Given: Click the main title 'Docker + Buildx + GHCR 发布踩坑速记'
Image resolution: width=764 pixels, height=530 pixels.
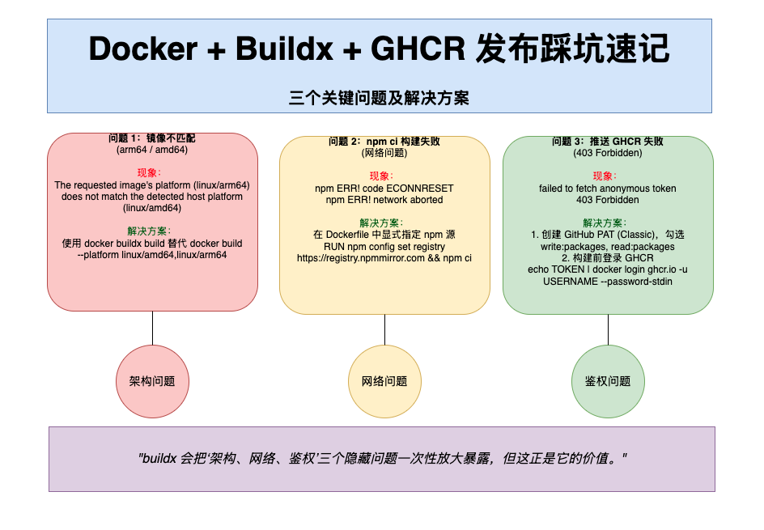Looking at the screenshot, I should pos(379,49).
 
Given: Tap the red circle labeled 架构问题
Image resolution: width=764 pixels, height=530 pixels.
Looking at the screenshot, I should pos(152,381).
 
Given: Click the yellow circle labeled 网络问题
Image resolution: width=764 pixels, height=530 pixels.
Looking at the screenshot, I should pos(384,381).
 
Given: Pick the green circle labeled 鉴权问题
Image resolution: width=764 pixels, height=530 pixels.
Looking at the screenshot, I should pos(608,381).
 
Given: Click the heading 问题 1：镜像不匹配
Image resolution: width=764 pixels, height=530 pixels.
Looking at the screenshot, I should pos(152,138).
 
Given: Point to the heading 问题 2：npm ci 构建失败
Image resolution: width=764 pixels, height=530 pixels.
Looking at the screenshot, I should pos(384,141).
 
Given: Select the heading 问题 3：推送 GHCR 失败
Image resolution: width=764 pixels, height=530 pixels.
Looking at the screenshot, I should pos(608,141).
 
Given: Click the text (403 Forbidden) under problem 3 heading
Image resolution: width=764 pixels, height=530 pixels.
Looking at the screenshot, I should pos(608,153).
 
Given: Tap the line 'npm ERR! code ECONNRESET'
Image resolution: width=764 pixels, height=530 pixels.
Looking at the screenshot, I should pos(384,188).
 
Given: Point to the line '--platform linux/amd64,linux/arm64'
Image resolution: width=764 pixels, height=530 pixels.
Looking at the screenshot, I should pos(152,254).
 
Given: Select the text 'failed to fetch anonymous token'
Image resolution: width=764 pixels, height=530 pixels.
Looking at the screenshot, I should pos(608,188).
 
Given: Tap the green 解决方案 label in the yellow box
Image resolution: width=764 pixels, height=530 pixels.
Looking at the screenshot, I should pos(384,223).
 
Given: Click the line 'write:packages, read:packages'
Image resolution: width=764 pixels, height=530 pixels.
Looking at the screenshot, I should pos(608,246).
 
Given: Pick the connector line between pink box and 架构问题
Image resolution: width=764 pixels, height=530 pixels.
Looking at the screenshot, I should pos(152,328).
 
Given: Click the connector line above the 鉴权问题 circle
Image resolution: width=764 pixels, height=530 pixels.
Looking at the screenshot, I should pos(608,329).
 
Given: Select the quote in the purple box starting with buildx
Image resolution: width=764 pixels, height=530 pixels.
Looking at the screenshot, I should pos(383,458).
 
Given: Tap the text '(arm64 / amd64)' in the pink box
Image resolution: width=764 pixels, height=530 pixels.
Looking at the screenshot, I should pos(152,150).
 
